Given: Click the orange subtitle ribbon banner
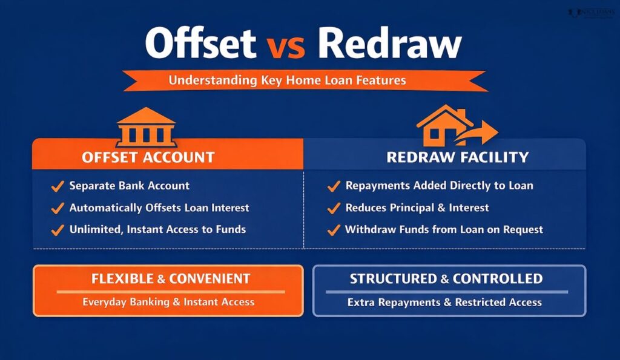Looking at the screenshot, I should pos(305,80).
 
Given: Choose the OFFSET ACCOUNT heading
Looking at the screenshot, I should pos(148,158).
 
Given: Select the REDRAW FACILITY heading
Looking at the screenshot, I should pos(457,158).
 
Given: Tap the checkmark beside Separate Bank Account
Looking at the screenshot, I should pos(58,186).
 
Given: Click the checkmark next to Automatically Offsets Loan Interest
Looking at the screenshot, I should pos(58,208).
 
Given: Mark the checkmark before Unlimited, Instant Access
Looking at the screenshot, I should pos(58,230).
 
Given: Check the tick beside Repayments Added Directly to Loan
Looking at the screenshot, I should pos(334,186).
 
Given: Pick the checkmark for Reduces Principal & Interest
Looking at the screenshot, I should pos(334,208).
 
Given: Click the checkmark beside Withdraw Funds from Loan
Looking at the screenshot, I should pos(334,230).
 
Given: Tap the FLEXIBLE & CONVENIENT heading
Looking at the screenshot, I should pos(171,280).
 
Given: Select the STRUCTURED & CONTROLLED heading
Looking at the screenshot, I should pos(446,280).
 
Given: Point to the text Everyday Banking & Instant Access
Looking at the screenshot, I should pos(168,302).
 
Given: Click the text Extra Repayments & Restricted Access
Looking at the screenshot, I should pos(444,302).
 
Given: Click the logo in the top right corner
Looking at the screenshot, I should pos(591,12).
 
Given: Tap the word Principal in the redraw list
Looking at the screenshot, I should pos(414,208).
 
